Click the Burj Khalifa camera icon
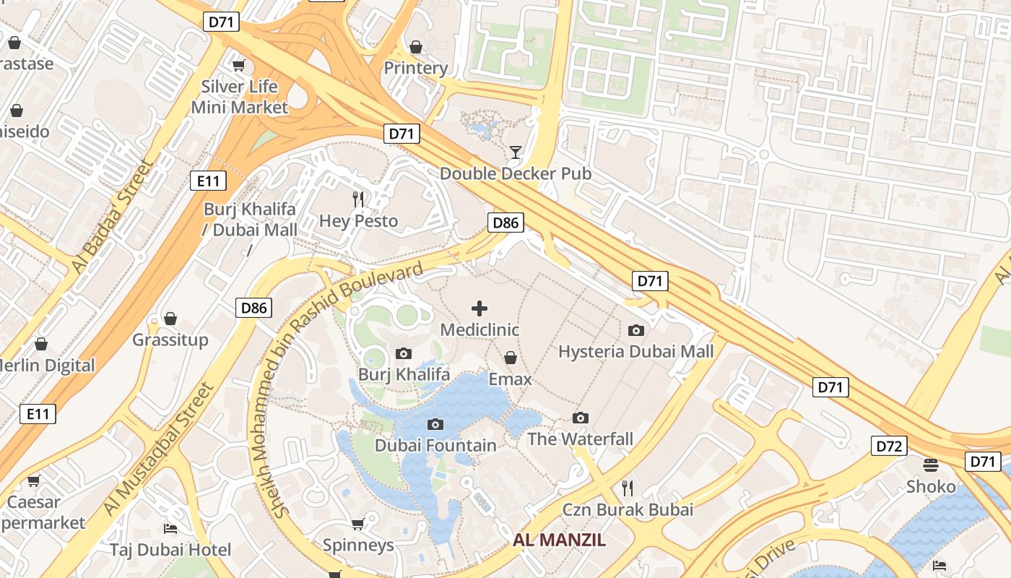click(404, 353)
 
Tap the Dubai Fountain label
click(435, 445)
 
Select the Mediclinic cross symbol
click(479, 309)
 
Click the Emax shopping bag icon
click(511, 358)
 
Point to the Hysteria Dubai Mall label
click(635, 351)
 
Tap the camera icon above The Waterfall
click(580, 418)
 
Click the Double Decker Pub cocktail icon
click(516, 152)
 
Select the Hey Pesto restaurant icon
click(358, 199)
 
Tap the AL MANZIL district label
click(559, 540)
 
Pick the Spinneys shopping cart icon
click(357, 524)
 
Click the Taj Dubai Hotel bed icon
click(170, 529)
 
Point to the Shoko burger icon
click(931, 465)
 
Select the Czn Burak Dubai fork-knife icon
click(628, 488)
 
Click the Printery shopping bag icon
click(416, 47)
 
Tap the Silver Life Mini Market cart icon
click(238, 66)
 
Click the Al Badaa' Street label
click(113, 216)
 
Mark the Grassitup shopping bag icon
click(170, 319)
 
